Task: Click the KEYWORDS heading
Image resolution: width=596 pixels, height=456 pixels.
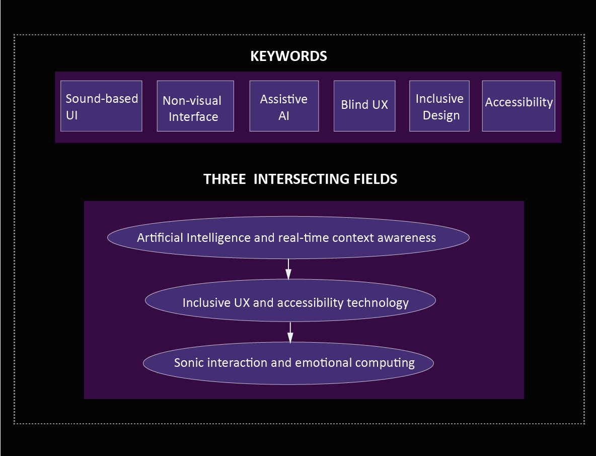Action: [288, 56]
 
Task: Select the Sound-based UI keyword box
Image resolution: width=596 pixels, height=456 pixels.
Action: [101, 106]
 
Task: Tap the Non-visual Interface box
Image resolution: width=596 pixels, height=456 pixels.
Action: [195, 106]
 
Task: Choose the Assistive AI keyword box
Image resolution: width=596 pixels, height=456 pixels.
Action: [284, 106]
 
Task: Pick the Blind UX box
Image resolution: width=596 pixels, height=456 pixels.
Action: [364, 106]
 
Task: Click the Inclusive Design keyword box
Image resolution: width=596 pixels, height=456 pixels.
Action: [439, 106]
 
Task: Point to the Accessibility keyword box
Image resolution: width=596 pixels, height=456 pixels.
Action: [518, 106]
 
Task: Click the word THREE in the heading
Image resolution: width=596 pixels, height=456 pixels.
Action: [225, 179]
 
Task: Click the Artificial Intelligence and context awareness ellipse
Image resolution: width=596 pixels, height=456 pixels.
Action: [288, 238]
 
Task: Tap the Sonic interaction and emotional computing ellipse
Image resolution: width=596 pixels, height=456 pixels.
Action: [288, 363]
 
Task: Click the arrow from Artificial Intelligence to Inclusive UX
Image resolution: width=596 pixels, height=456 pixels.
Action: [288, 269]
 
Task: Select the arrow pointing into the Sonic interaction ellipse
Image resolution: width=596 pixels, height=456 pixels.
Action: [290, 333]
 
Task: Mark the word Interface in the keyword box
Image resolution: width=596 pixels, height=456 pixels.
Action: [193, 117]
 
